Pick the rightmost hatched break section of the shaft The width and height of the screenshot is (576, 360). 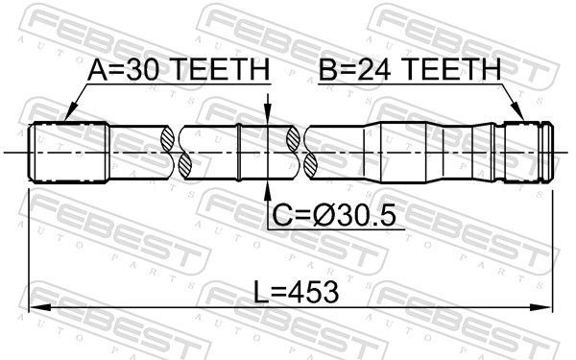311,152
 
